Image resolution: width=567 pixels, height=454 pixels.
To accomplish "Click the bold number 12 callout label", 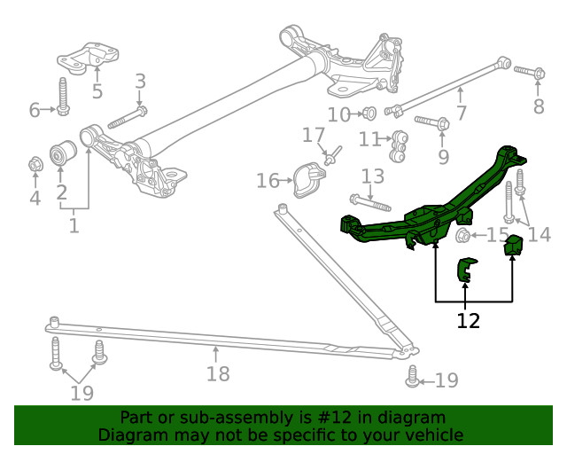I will [x=468, y=320].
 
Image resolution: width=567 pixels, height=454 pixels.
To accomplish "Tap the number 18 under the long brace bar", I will [x=218, y=373].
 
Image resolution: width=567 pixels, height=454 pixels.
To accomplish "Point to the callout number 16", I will [x=267, y=181].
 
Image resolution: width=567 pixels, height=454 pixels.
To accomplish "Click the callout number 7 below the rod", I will [x=461, y=113].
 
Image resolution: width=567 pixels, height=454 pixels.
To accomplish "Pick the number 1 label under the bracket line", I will [x=74, y=226].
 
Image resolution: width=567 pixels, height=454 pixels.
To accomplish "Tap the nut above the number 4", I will [x=35, y=164].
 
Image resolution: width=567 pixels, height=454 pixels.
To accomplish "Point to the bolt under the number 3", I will [x=128, y=117].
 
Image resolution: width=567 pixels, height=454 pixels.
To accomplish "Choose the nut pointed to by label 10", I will [x=370, y=113].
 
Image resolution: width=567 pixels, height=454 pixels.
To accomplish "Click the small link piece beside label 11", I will [x=399, y=141].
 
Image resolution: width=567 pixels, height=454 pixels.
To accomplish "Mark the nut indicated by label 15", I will [x=462, y=236].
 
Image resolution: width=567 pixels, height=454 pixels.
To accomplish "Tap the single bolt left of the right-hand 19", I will [x=411, y=380].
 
